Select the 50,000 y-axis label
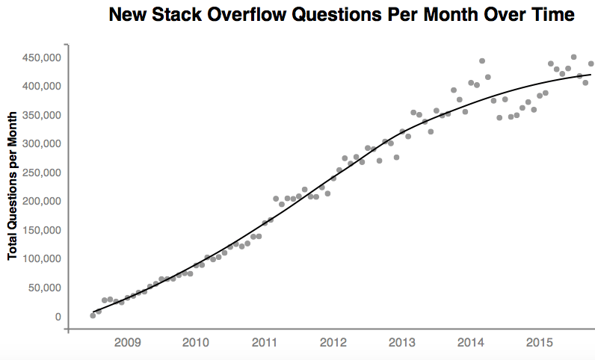(x=43, y=288)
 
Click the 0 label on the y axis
(x=57, y=317)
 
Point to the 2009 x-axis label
(x=126, y=342)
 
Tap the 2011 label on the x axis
(x=264, y=342)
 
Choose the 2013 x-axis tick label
(x=401, y=342)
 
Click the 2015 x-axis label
(x=539, y=342)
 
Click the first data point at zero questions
(x=93, y=315)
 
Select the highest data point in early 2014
(x=482, y=61)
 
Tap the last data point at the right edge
(x=591, y=63)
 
